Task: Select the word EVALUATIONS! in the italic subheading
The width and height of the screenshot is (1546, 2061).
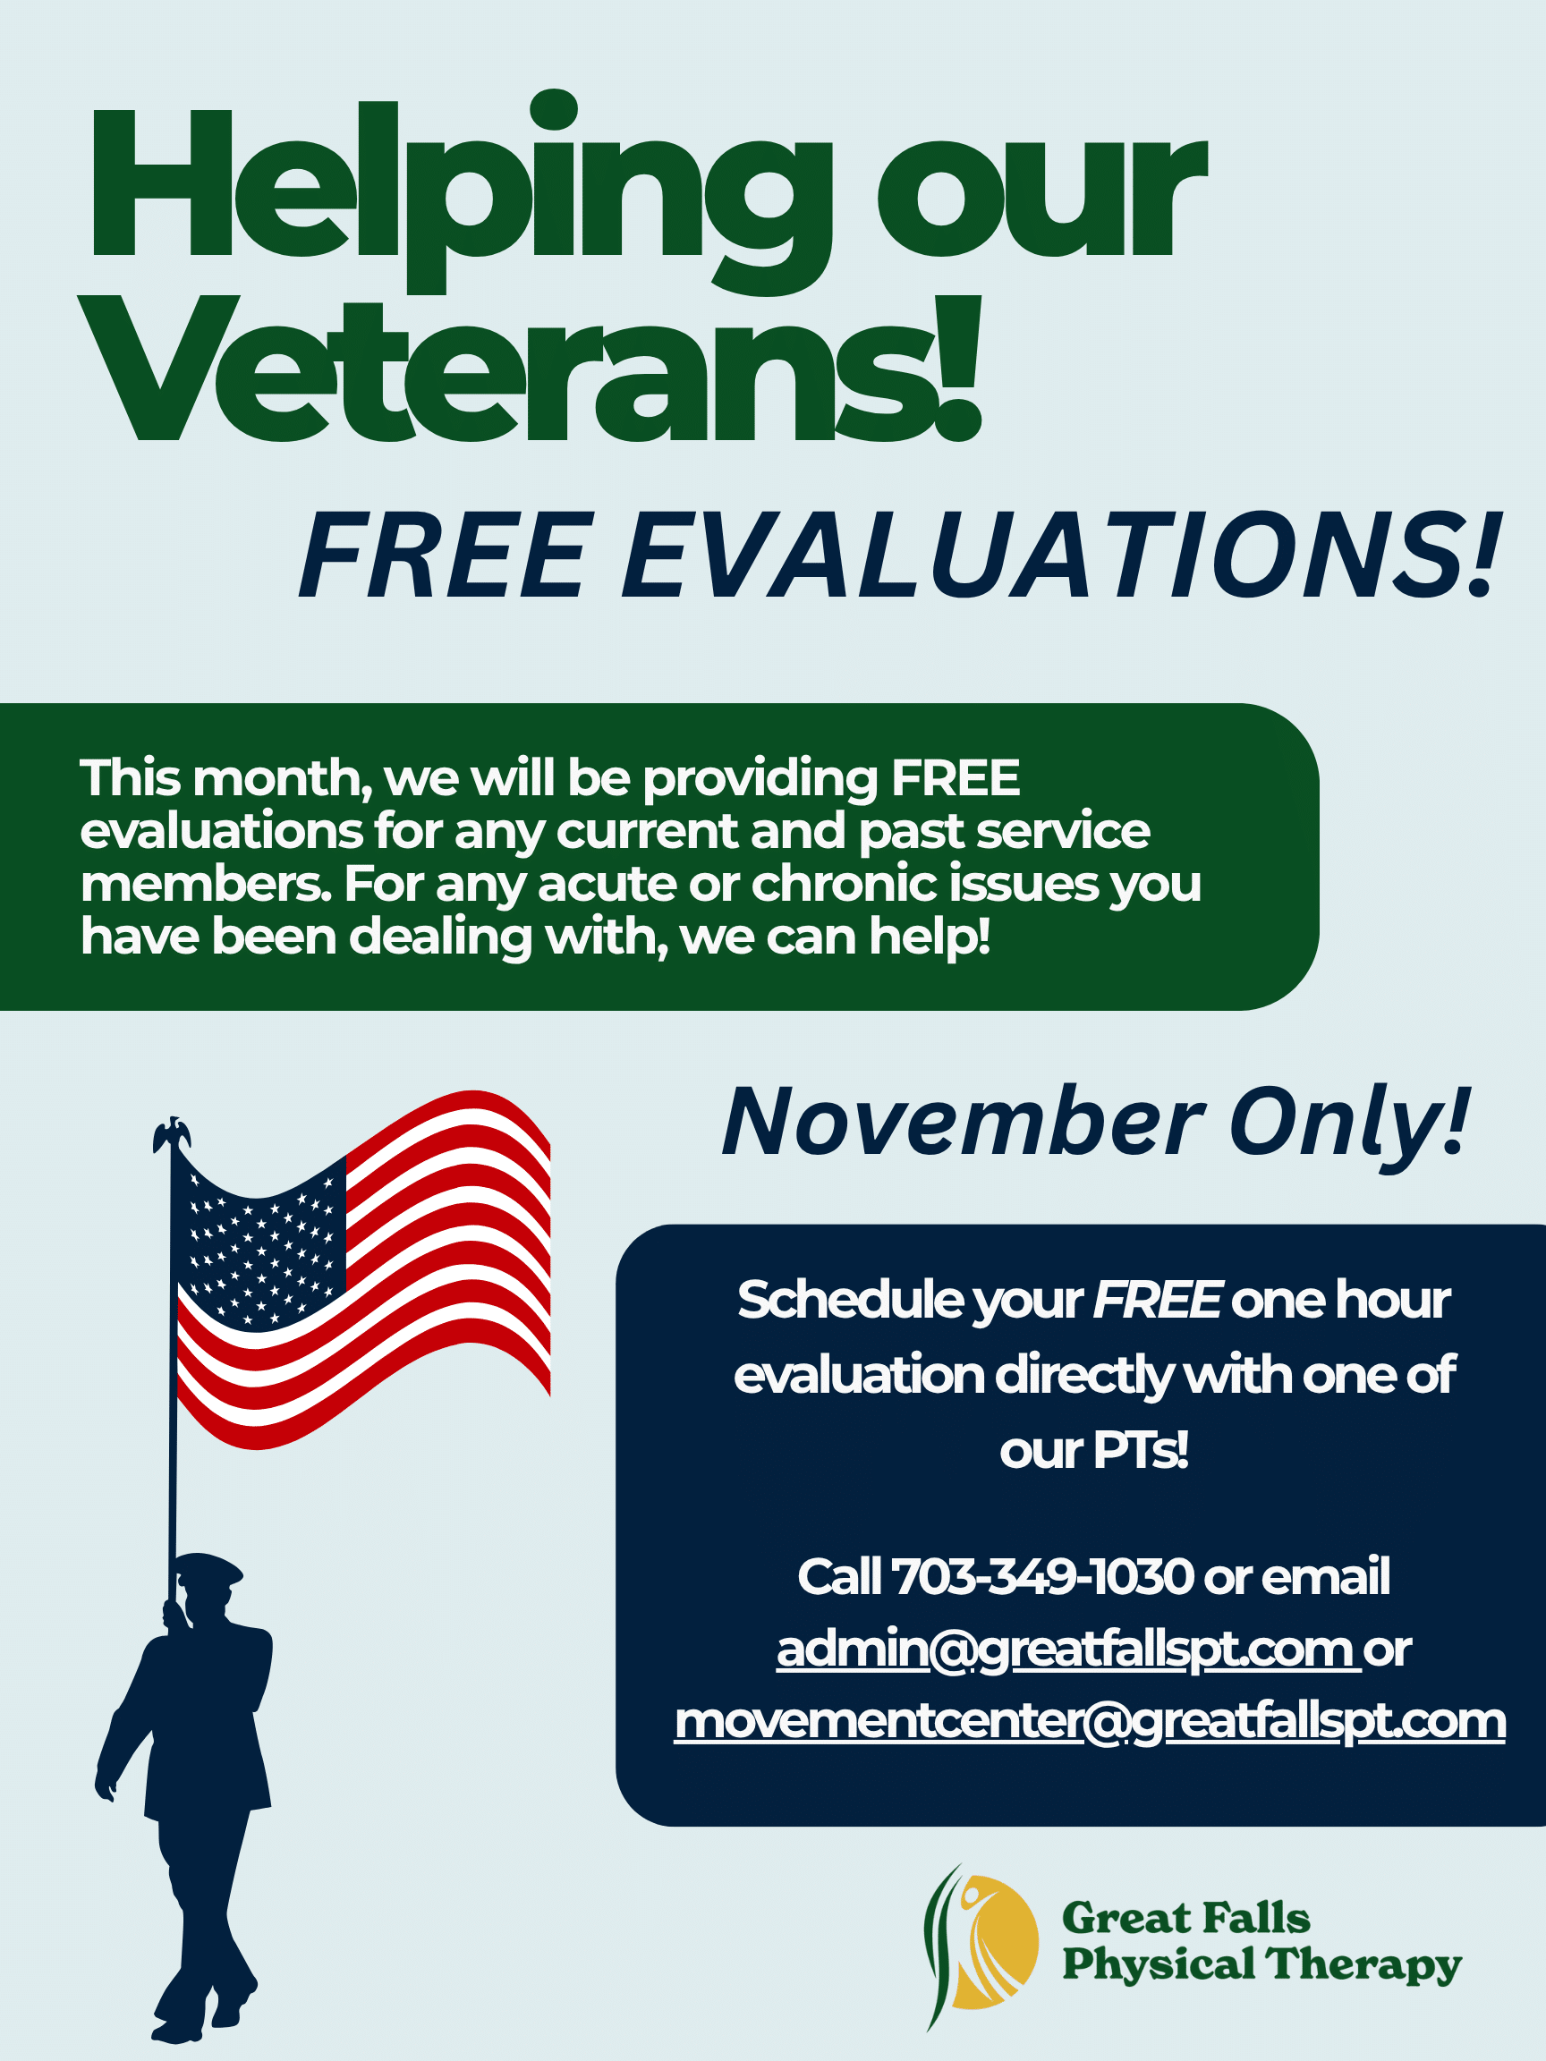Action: pos(1061,556)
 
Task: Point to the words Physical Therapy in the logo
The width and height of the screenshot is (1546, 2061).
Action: pos(1261,1965)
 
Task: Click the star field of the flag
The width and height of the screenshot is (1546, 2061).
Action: pos(261,1239)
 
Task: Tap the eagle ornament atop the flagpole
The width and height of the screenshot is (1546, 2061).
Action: pos(172,1135)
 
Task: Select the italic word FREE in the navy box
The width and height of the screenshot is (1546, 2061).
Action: pos(1157,1300)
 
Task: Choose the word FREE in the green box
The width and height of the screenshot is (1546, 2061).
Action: pos(956,778)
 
